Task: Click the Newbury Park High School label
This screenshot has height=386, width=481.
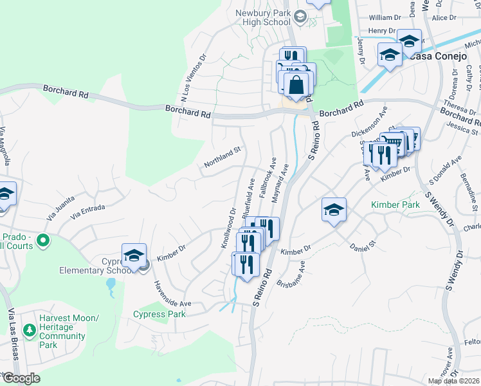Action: pyautogui.click(x=263, y=17)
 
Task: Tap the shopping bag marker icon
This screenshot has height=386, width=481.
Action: pyautogui.click(x=296, y=84)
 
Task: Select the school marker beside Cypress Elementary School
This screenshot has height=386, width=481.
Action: pyautogui.click(x=134, y=256)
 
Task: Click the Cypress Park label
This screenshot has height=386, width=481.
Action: pyautogui.click(x=159, y=314)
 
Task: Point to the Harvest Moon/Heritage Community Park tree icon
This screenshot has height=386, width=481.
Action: pyautogui.click(x=29, y=331)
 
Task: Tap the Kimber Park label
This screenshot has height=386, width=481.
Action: pyautogui.click(x=395, y=205)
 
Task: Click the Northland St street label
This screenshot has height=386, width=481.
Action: pyautogui.click(x=222, y=157)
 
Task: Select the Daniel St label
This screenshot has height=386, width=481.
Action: pyautogui.click(x=362, y=246)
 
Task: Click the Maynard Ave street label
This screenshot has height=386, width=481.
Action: pyautogui.click(x=282, y=183)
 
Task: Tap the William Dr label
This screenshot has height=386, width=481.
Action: pyautogui.click(x=385, y=18)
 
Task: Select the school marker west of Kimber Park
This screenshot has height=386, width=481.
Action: pyautogui.click(x=334, y=210)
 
